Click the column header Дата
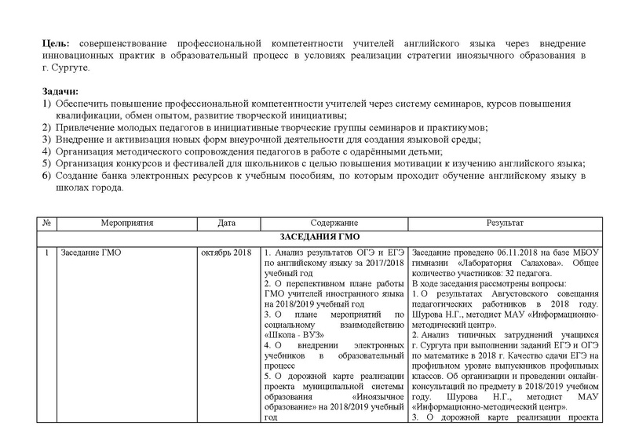point(226,224)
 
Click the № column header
point(47,224)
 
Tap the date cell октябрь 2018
point(225,253)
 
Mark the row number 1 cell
point(47,253)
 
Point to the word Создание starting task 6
point(78,175)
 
